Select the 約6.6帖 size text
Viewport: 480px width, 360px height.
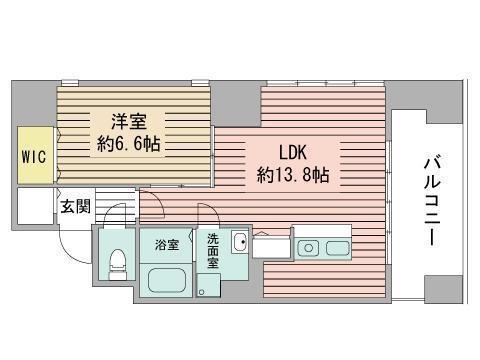pyautogui.click(x=128, y=143)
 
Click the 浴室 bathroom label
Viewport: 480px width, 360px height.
pyautogui.click(x=166, y=243)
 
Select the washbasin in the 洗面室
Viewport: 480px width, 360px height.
pyautogui.click(x=238, y=243)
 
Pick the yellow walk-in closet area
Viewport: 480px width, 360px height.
pyautogui.click(x=32, y=157)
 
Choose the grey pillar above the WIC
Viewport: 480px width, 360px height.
pyautogui.click(x=33, y=106)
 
